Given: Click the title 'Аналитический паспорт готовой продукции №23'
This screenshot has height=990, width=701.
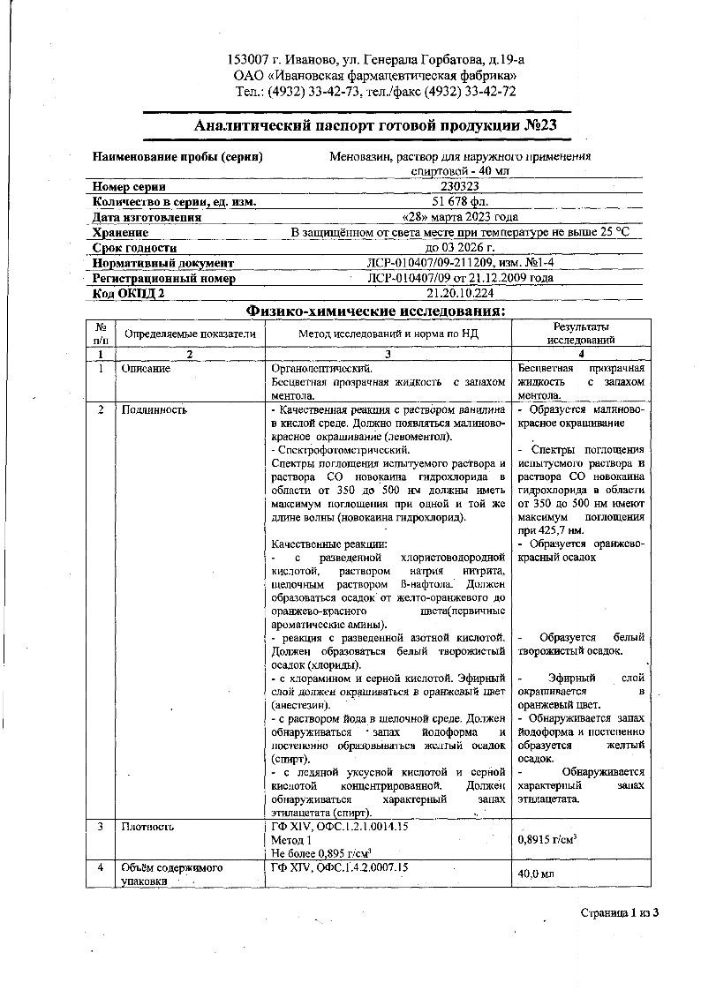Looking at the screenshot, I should click(x=375, y=126).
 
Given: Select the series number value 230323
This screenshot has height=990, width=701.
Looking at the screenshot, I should click(x=459, y=187).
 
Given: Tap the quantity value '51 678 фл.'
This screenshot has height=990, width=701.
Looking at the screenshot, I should click(x=458, y=202).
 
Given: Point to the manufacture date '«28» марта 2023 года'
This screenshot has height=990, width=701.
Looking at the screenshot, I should click(x=459, y=217).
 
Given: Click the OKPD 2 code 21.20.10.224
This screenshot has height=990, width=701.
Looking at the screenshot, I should click(x=460, y=293).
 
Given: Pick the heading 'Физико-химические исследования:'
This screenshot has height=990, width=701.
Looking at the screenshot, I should click(x=375, y=311).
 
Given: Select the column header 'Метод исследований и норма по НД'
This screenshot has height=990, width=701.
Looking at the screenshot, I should click(x=388, y=334).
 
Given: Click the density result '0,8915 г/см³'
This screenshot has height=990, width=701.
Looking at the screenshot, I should click(x=547, y=839).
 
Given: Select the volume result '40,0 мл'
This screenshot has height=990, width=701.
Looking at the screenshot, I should click(x=536, y=874).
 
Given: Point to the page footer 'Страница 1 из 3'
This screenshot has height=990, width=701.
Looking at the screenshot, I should click(x=619, y=911).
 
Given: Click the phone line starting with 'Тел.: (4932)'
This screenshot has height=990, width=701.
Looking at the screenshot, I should click(x=375, y=91).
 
